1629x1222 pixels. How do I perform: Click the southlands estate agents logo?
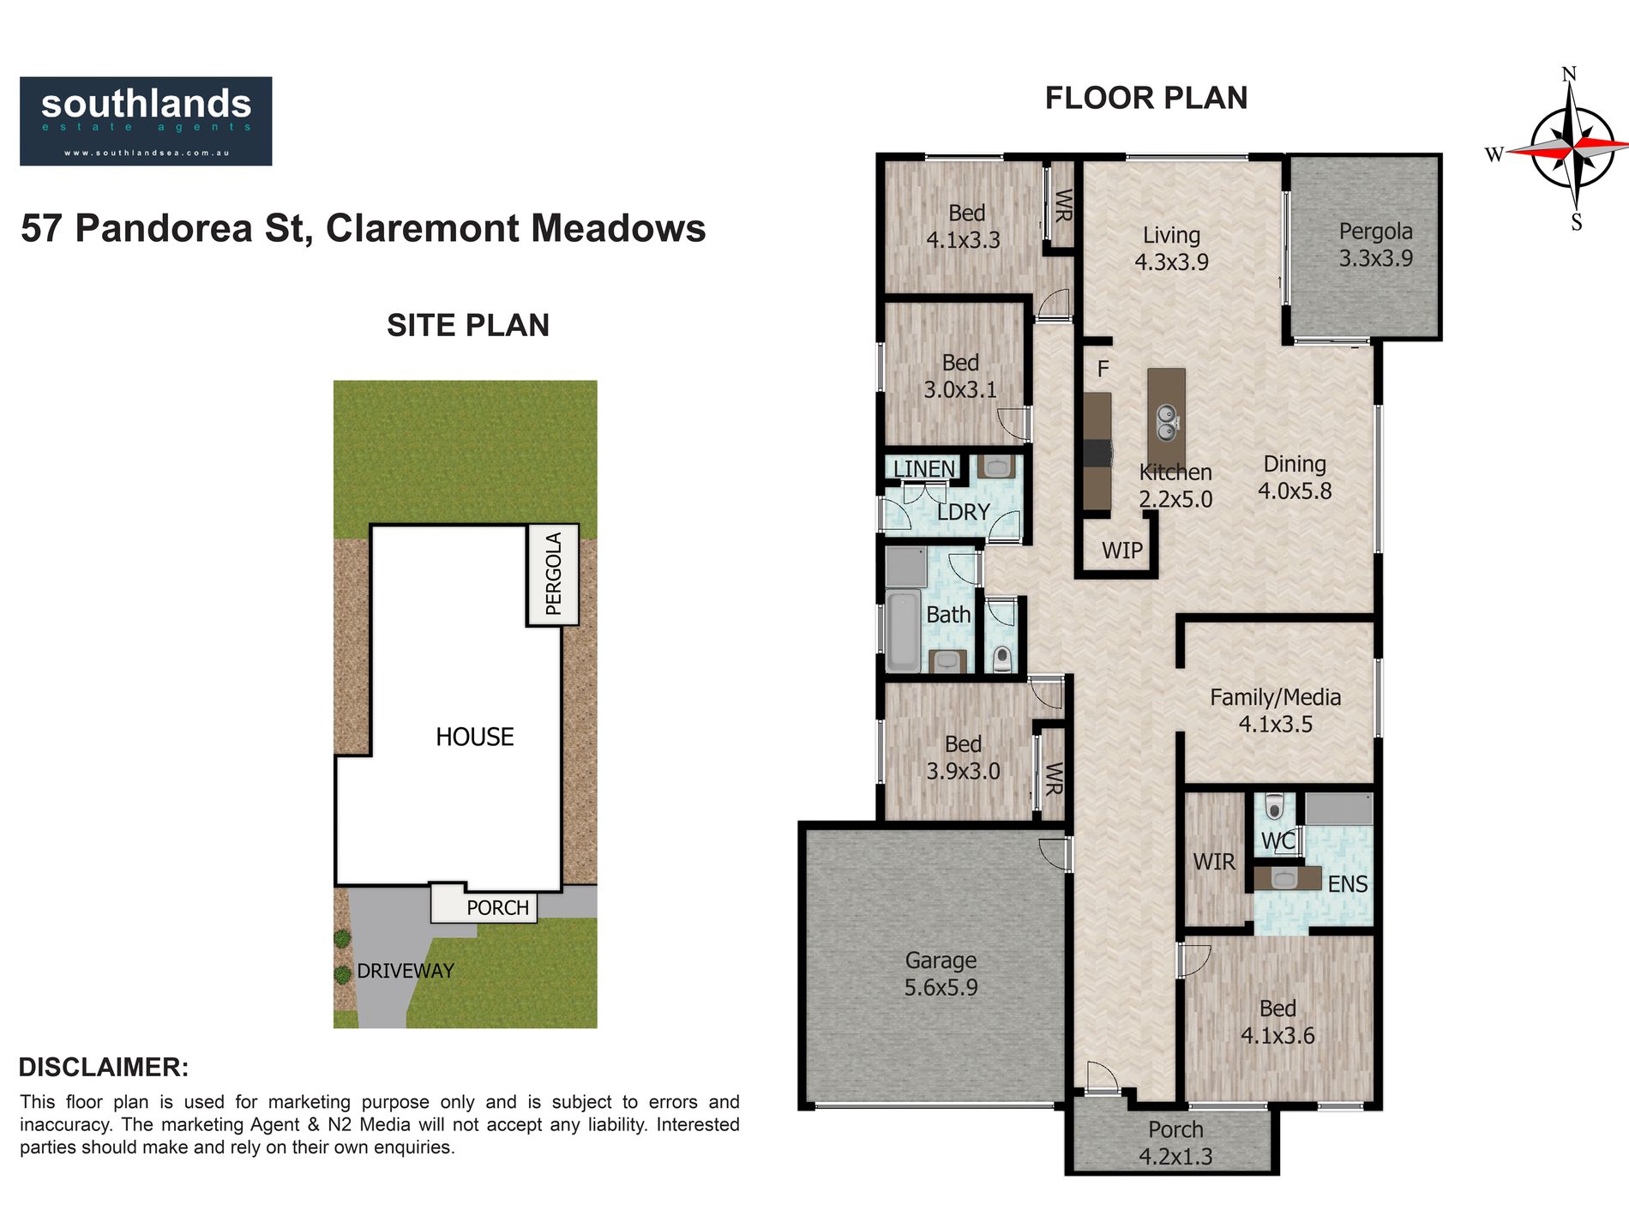(146, 121)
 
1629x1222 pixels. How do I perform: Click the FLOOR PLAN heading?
(1146, 98)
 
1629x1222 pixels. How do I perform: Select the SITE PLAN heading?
(467, 325)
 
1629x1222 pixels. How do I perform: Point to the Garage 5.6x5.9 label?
(941, 973)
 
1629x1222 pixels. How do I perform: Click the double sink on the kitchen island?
(1166, 423)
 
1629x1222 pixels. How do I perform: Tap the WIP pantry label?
(1121, 551)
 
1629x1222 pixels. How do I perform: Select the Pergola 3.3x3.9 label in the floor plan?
(1375, 244)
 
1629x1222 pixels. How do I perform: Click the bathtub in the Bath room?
(903, 631)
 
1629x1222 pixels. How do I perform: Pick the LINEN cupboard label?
(923, 469)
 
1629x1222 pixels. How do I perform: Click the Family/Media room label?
(1275, 710)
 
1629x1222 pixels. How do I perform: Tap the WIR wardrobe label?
(1214, 862)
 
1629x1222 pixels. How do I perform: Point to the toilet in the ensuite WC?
(1275, 807)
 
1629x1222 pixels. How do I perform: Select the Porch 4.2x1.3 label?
(1175, 1143)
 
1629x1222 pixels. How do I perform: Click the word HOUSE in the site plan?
(474, 737)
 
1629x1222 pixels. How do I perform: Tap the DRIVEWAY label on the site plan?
(406, 971)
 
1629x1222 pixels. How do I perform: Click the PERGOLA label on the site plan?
(554, 574)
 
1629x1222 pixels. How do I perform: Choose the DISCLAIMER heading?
(104, 1068)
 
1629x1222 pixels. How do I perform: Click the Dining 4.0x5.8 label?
(1295, 478)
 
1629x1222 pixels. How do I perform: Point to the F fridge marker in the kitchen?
(1103, 369)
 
